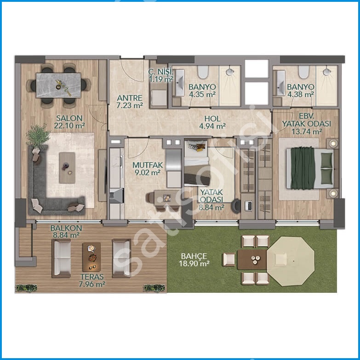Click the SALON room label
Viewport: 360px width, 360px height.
pos(69,118)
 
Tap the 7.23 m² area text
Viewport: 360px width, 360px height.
pos(130,105)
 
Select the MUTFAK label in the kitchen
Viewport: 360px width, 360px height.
pos(148,165)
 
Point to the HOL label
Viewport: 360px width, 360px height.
pos(212,119)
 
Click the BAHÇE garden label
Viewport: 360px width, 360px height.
pos(194,256)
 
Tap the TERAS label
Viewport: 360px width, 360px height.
pos(92,277)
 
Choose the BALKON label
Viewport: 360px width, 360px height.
pos(66,228)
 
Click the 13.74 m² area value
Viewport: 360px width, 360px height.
pos(307,131)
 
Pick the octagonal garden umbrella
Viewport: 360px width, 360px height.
pos(291,261)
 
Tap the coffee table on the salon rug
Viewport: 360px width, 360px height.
pos(67,168)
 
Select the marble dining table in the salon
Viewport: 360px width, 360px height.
pos(58,85)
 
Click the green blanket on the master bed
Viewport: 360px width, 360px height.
pos(302,168)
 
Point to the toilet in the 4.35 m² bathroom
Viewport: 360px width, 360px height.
pos(203,72)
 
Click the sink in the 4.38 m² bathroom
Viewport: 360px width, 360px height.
pos(280,83)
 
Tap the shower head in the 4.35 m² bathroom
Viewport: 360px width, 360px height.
pos(230,72)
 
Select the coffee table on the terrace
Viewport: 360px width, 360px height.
pos(91,257)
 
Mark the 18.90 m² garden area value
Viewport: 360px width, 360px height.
pos(194,263)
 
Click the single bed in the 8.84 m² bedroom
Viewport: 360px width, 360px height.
pos(197,163)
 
